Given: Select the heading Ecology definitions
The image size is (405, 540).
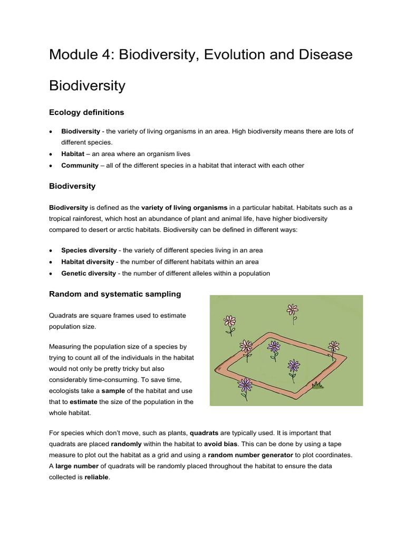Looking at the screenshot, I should (86, 112).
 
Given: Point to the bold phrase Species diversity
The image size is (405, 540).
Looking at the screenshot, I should (89, 250).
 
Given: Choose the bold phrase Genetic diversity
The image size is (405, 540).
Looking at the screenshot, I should (89, 273).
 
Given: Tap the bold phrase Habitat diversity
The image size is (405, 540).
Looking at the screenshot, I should (88, 262).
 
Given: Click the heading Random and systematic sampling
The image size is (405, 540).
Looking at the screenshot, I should (115, 294).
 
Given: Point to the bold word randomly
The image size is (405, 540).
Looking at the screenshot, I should (126, 444).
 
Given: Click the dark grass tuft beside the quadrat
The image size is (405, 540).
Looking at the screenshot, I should (317, 386).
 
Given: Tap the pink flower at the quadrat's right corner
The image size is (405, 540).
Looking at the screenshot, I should (333, 346).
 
